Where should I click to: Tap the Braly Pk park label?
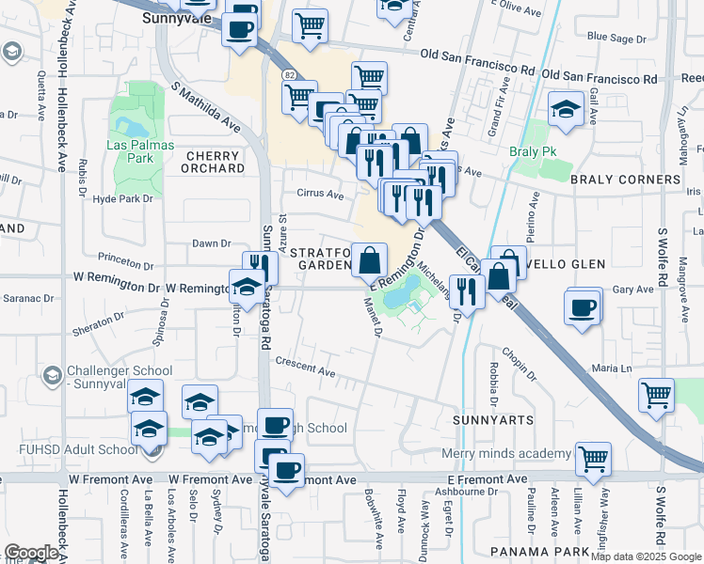[x=528, y=151]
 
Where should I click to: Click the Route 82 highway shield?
[x=288, y=73]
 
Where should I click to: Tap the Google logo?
[x=31, y=552]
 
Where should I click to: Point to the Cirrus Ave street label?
[x=321, y=194]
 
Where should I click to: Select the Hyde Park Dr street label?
[x=123, y=198]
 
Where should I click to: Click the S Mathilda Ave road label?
[x=206, y=105]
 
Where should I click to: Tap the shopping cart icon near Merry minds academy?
[x=593, y=459]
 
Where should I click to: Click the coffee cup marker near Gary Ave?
[x=584, y=306]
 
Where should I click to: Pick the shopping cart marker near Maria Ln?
[x=656, y=394]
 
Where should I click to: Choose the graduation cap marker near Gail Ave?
[x=566, y=110]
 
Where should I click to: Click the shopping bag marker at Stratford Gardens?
[x=370, y=259]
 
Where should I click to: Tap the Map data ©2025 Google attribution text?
[x=646, y=556]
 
